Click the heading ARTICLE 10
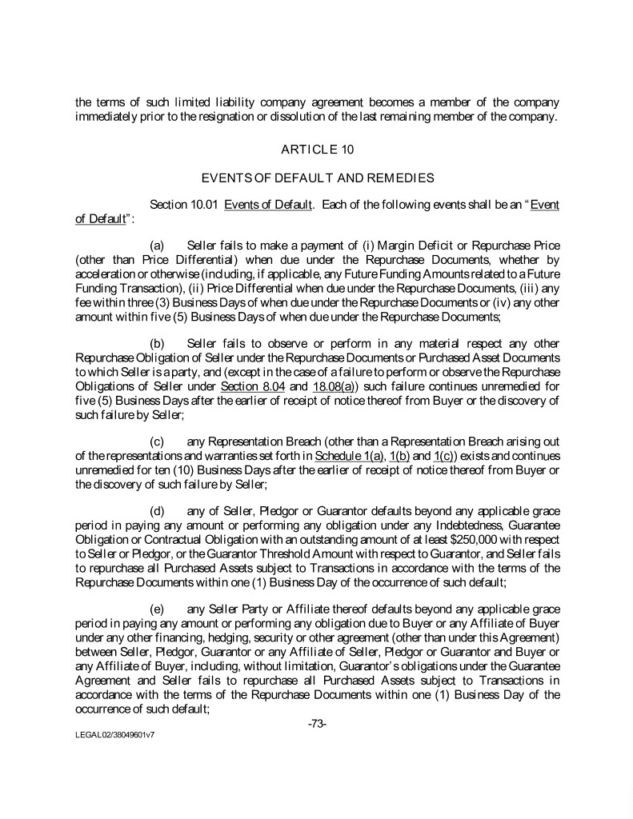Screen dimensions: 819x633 [318, 150]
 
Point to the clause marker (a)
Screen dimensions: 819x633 [158, 245]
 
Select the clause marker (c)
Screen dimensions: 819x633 [158, 441]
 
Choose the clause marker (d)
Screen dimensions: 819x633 [158, 509]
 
